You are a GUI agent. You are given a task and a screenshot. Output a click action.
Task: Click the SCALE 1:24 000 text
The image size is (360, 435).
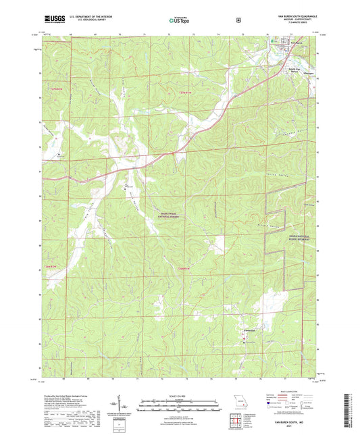(x=179, y=395)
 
